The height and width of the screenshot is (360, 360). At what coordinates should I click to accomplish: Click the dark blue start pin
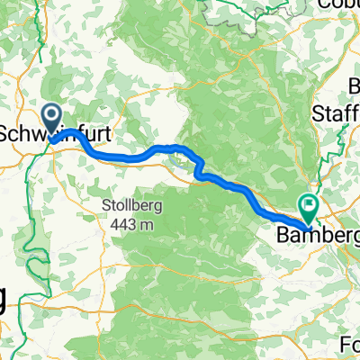[51, 118]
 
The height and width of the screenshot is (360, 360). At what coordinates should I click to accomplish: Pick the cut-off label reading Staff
[335, 112]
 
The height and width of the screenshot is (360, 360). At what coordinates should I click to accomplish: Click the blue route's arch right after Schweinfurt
[79, 137]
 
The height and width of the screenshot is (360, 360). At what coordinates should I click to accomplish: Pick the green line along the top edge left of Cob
[297, 4]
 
